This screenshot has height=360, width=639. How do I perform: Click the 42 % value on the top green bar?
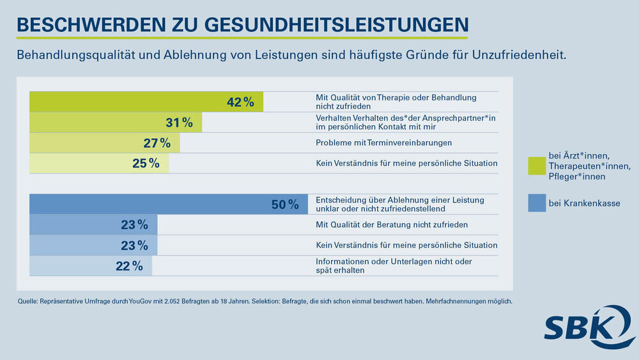(x=240, y=102)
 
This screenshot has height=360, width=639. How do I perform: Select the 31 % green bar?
(x=116, y=122)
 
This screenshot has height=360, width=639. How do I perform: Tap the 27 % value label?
(x=157, y=143)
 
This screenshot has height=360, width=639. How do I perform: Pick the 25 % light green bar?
(x=99, y=163)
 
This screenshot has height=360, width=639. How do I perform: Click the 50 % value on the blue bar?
(x=285, y=205)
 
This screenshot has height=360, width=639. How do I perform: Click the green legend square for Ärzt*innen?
(x=537, y=166)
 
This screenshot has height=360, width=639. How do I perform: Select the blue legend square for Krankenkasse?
(x=537, y=203)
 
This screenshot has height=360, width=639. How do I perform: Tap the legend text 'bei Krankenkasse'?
(x=584, y=204)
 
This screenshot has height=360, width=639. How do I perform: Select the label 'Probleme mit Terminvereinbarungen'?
(x=383, y=143)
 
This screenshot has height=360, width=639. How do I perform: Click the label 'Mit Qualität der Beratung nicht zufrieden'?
(x=392, y=224)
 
